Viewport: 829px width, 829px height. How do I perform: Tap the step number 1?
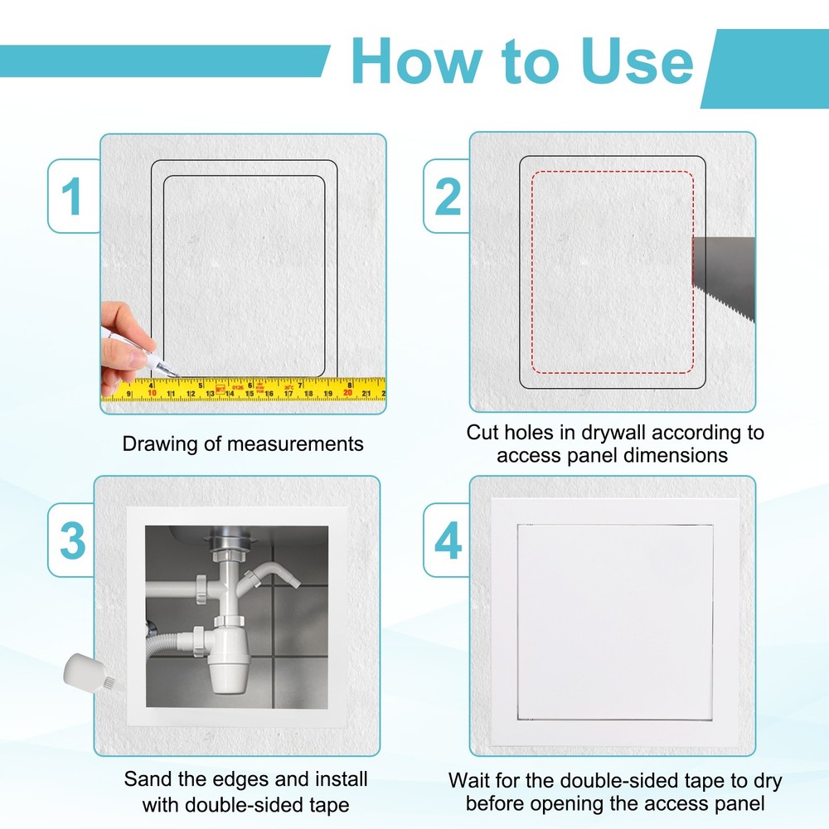pos(74,196)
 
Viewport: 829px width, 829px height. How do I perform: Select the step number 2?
pos(448,196)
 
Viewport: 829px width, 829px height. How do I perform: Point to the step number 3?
pos(73,541)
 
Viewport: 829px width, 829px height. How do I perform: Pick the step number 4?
pos(448,541)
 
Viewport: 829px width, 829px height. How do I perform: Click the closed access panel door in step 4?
pos(615,622)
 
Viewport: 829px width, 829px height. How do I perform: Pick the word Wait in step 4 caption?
pos(470,781)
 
